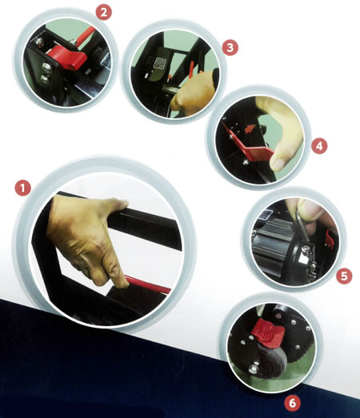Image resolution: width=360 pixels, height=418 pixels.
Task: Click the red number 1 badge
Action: pos(22,187)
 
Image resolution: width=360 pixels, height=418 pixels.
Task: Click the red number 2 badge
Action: pos(104,12)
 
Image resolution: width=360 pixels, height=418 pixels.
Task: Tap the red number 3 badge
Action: pos(230,47)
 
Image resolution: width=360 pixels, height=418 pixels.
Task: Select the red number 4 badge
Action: pos(319,145)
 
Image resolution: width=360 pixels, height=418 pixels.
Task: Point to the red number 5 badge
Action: pos(344,276)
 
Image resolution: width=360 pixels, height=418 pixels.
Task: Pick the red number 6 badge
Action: pos(293,403)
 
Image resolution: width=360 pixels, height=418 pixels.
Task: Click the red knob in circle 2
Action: pos(67,56)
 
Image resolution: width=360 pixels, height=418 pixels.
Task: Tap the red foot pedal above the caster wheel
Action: pos(268,332)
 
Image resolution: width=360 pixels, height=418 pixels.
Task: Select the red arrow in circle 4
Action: pos(249,129)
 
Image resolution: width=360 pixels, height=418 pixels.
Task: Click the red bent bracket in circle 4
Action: pos(248,145)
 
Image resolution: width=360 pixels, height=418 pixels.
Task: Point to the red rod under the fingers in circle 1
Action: pos(147,285)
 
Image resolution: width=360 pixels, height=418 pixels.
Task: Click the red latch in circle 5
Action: pos(330,239)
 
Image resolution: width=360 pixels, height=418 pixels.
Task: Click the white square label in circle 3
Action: pos(160,64)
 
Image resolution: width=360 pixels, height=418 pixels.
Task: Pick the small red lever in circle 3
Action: pos(191,70)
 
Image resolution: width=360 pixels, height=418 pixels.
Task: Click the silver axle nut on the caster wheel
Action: pos(254,368)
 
